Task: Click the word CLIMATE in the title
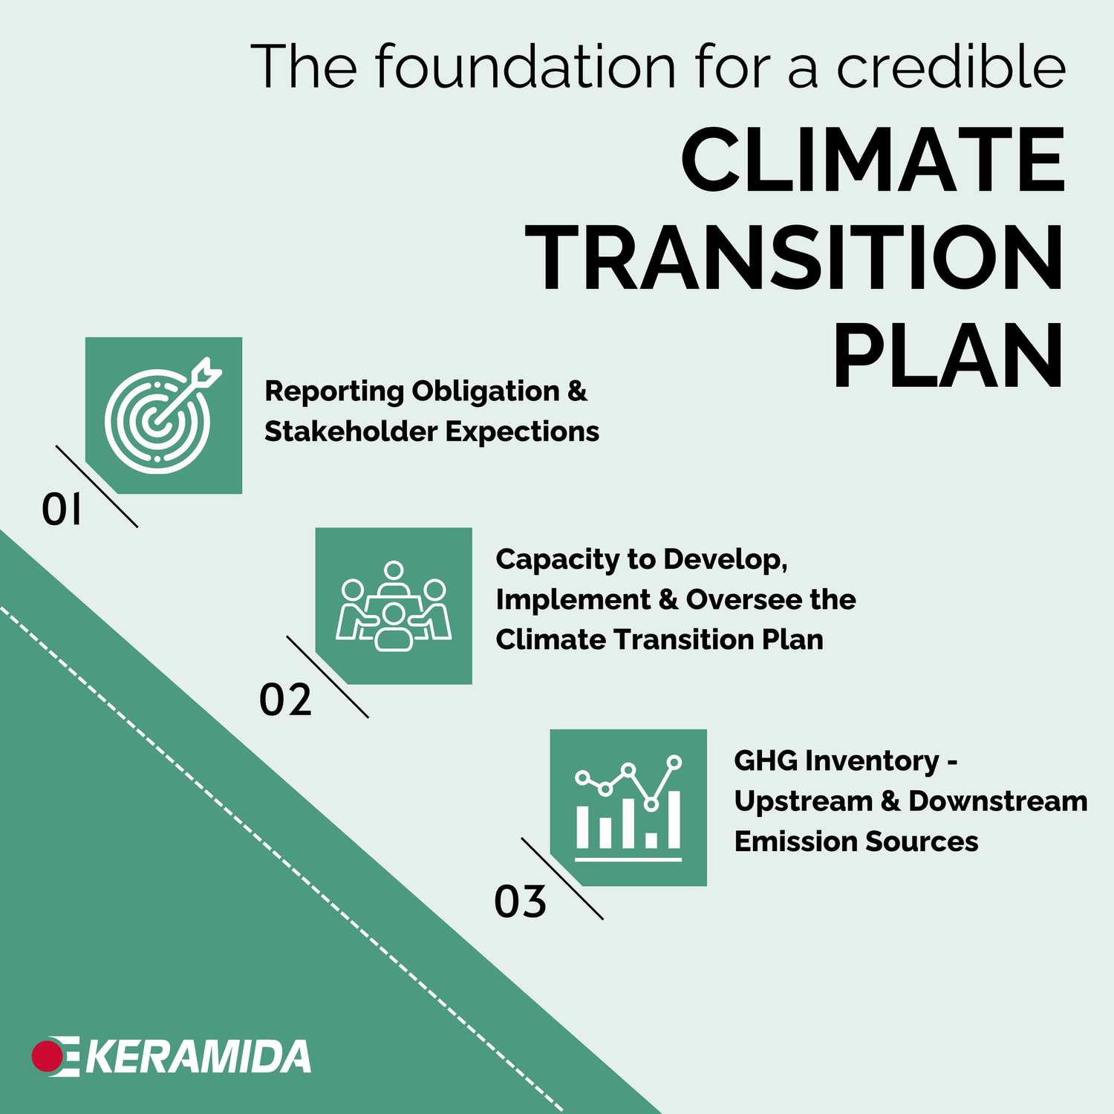[873, 160]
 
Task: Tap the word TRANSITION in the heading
[798, 259]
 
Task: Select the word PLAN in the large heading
[948, 357]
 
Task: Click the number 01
[61, 511]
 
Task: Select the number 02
[285, 700]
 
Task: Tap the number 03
[520, 902]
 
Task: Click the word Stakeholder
[350, 431]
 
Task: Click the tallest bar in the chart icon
[674, 819]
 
